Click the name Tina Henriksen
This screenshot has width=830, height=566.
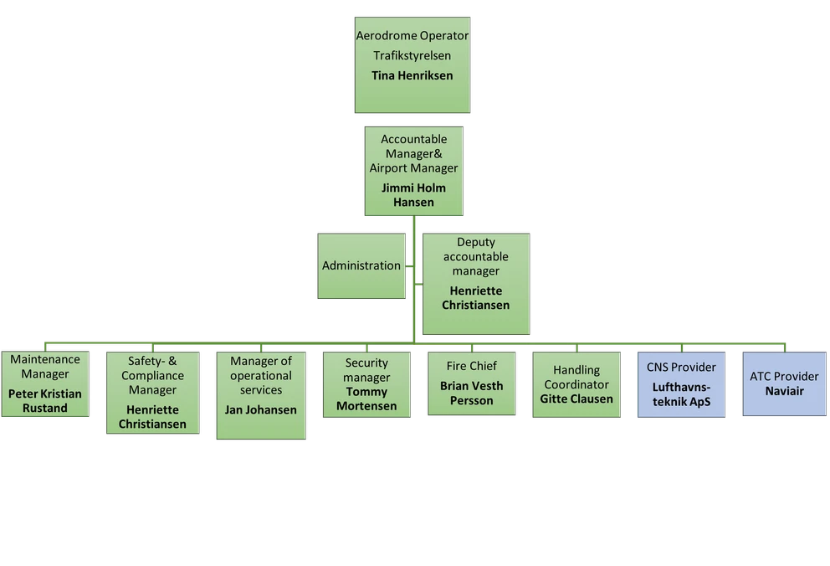[412, 75]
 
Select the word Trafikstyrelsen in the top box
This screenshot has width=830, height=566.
[412, 55]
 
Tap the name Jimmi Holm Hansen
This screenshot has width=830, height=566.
[413, 195]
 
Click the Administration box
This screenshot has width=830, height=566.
[361, 265]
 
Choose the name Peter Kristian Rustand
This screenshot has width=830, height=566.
[45, 401]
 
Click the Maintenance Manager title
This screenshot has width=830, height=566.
[45, 367]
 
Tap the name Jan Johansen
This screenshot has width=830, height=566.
[260, 409]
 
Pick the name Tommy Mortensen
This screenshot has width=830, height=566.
[366, 399]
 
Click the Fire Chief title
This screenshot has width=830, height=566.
[473, 366]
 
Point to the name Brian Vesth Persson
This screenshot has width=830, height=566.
[473, 394]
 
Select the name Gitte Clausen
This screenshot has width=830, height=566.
[576, 399]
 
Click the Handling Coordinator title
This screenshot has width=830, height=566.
[576, 378]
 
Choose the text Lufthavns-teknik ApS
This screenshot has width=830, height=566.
[682, 394]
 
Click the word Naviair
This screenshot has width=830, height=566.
[784, 390]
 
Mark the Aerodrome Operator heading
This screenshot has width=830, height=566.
[412, 36]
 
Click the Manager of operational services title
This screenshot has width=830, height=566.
[260, 375]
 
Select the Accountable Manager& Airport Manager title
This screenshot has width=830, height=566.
[413, 153]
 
